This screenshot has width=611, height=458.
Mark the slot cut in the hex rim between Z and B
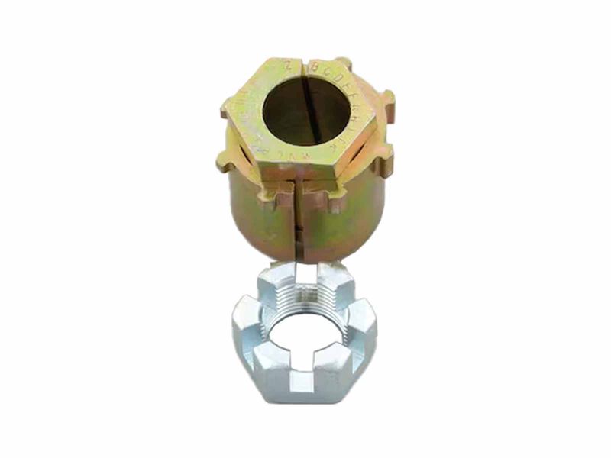point(305,68)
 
